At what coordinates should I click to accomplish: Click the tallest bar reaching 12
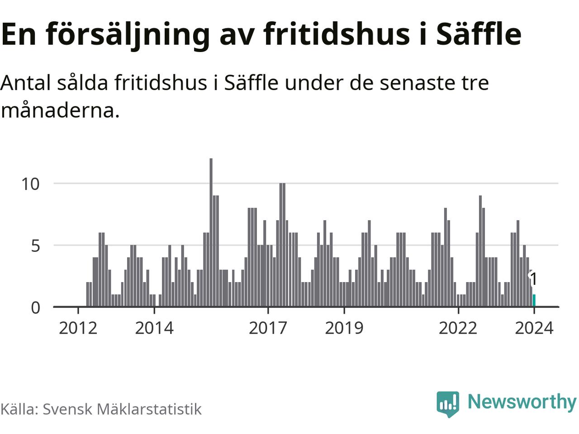211,232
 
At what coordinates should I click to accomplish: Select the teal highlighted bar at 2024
534,301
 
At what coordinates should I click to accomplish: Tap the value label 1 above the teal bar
534,279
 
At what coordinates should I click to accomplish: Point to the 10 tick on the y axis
31,184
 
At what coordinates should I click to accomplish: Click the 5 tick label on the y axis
35,246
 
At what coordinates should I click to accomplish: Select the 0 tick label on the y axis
35,308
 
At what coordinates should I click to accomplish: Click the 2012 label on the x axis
78,328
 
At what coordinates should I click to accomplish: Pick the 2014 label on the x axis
154,328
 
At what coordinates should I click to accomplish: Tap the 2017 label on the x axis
268,328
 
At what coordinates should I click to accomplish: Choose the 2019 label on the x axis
344,328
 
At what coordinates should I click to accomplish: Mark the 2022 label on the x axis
458,328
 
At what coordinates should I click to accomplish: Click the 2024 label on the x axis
534,328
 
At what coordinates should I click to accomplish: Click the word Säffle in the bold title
479,33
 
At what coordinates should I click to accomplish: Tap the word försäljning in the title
128,34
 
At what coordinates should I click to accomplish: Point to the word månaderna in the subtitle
60,110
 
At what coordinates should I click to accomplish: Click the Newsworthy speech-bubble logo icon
448,403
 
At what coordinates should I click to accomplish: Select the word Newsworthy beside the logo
522,402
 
